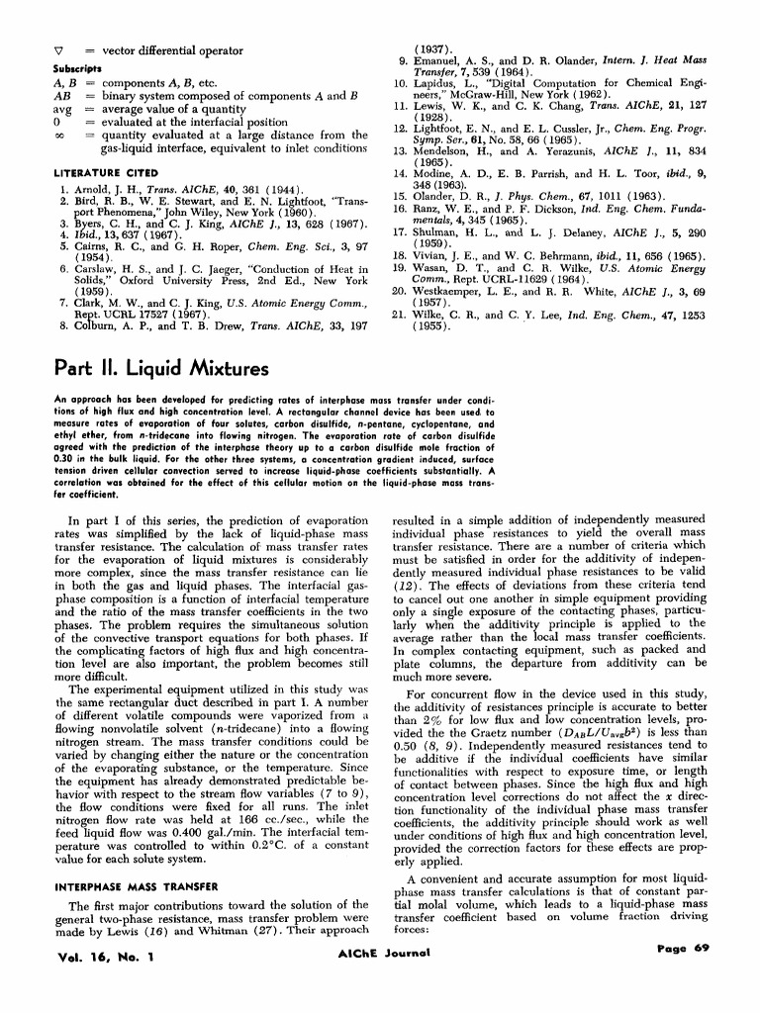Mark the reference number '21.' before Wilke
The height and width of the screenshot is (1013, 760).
pyautogui.click(x=400, y=314)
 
